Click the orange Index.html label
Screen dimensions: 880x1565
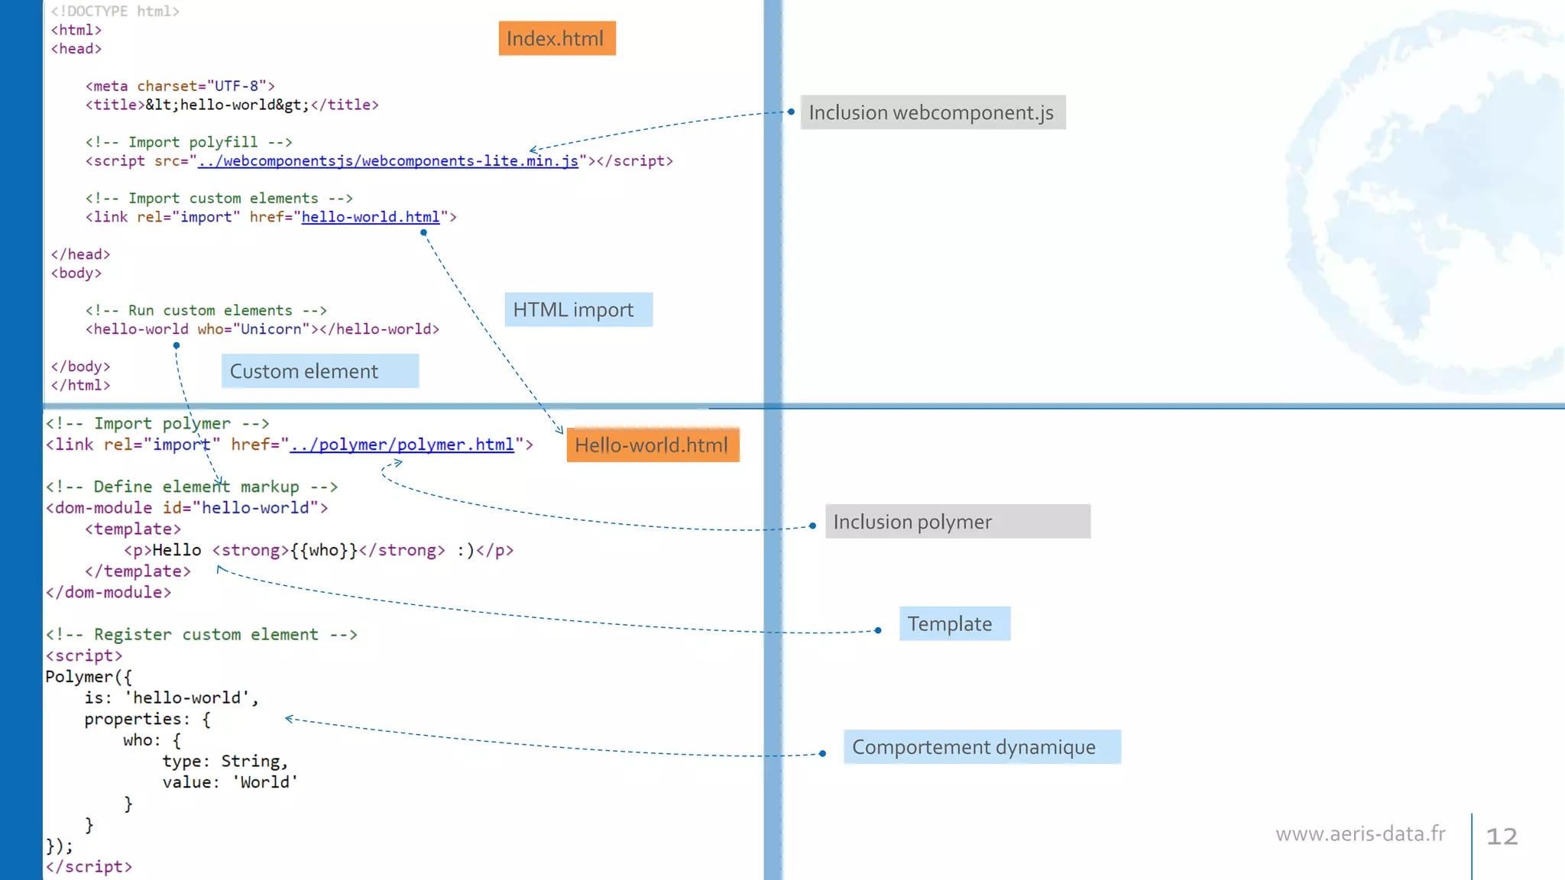pyautogui.click(x=556, y=38)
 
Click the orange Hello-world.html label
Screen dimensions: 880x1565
pyautogui.click(x=652, y=445)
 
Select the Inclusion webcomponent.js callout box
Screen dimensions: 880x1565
pyautogui.click(x=932, y=112)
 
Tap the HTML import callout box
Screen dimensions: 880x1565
pyautogui.click(x=578, y=309)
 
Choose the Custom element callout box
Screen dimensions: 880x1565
pyautogui.click(x=319, y=371)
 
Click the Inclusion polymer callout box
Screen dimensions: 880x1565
pyautogui.click(x=957, y=522)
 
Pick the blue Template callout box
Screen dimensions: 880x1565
pyautogui.click(x=954, y=623)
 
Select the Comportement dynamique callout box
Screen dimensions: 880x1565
pyautogui.click(x=981, y=746)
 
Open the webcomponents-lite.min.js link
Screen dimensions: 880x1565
pyautogui.click(x=388, y=161)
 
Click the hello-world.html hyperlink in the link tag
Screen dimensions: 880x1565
pyautogui.click(x=371, y=217)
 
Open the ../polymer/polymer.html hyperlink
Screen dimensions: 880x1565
pyautogui.click(x=402, y=445)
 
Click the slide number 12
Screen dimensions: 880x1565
pyautogui.click(x=1501, y=836)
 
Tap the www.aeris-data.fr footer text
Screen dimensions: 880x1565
pyautogui.click(x=1360, y=833)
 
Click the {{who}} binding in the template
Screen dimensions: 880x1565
pyautogui.click(x=324, y=550)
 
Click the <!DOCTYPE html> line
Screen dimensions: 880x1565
pyautogui.click(x=115, y=11)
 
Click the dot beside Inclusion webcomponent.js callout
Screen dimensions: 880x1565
pyautogui.click(x=791, y=112)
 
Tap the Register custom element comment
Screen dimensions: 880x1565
pyautogui.click(x=201, y=634)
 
